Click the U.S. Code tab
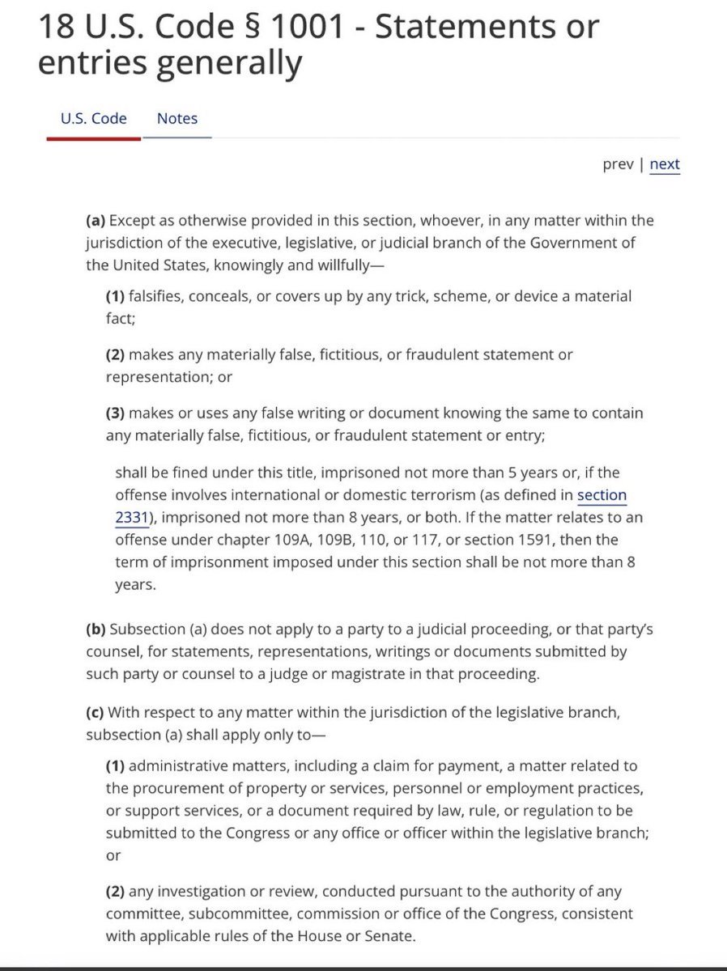pos(93,119)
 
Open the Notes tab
pos(177,119)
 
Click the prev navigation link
pos(618,164)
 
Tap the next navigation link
pos(665,164)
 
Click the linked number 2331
pos(131,517)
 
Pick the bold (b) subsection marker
pos(96,629)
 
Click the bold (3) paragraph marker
pos(116,413)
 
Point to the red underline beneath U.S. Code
pos(93,138)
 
